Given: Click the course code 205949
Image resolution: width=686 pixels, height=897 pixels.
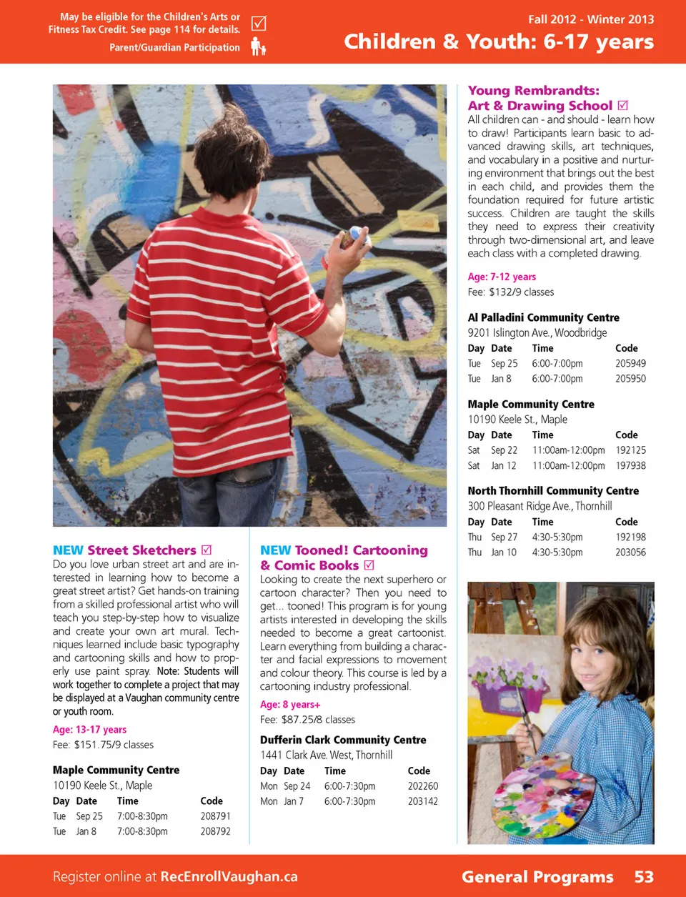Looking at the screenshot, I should pyautogui.click(x=630, y=364).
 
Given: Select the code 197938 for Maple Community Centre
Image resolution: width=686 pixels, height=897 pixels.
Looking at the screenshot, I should pyautogui.click(x=630, y=466).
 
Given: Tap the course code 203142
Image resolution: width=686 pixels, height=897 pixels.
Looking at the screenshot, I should pyautogui.click(x=422, y=802).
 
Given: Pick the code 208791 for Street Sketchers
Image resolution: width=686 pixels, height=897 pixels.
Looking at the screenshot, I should pyautogui.click(x=215, y=816).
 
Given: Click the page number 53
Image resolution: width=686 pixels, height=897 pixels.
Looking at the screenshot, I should pyautogui.click(x=644, y=877).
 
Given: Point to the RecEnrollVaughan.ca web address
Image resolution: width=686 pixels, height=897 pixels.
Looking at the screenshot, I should pyautogui.click(x=229, y=877).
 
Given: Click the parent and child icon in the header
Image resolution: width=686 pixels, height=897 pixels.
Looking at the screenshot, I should pyautogui.click(x=258, y=47).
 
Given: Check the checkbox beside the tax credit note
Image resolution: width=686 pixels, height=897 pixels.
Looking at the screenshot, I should pyautogui.click(x=259, y=24).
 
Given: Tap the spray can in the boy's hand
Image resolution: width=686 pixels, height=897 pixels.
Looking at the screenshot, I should pyautogui.click(x=356, y=237).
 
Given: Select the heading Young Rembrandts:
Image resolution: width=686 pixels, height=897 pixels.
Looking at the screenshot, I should pyautogui.click(x=533, y=91).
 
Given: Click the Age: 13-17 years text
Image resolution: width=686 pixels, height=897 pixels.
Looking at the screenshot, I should pyautogui.click(x=89, y=730).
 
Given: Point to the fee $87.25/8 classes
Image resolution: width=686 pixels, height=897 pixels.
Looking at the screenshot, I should pyautogui.click(x=307, y=720).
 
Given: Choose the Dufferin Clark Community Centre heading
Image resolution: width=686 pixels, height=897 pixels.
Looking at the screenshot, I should pyautogui.click(x=343, y=740).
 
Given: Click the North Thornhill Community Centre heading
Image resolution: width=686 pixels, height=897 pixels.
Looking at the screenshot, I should pyautogui.click(x=553, y=491).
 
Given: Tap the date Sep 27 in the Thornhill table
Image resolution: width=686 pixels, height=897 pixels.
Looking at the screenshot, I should pyautogui.click(x=504, y=537).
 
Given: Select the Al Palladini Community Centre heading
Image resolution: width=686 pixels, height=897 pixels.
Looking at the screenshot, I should pyautogui.click(x=543, y=317).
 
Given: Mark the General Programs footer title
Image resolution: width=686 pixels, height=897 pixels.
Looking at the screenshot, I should pyautogui.click(x=537, y=877).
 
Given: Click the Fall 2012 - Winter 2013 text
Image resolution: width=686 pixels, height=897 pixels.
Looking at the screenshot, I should pyautogui.click(x=591, y=19).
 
